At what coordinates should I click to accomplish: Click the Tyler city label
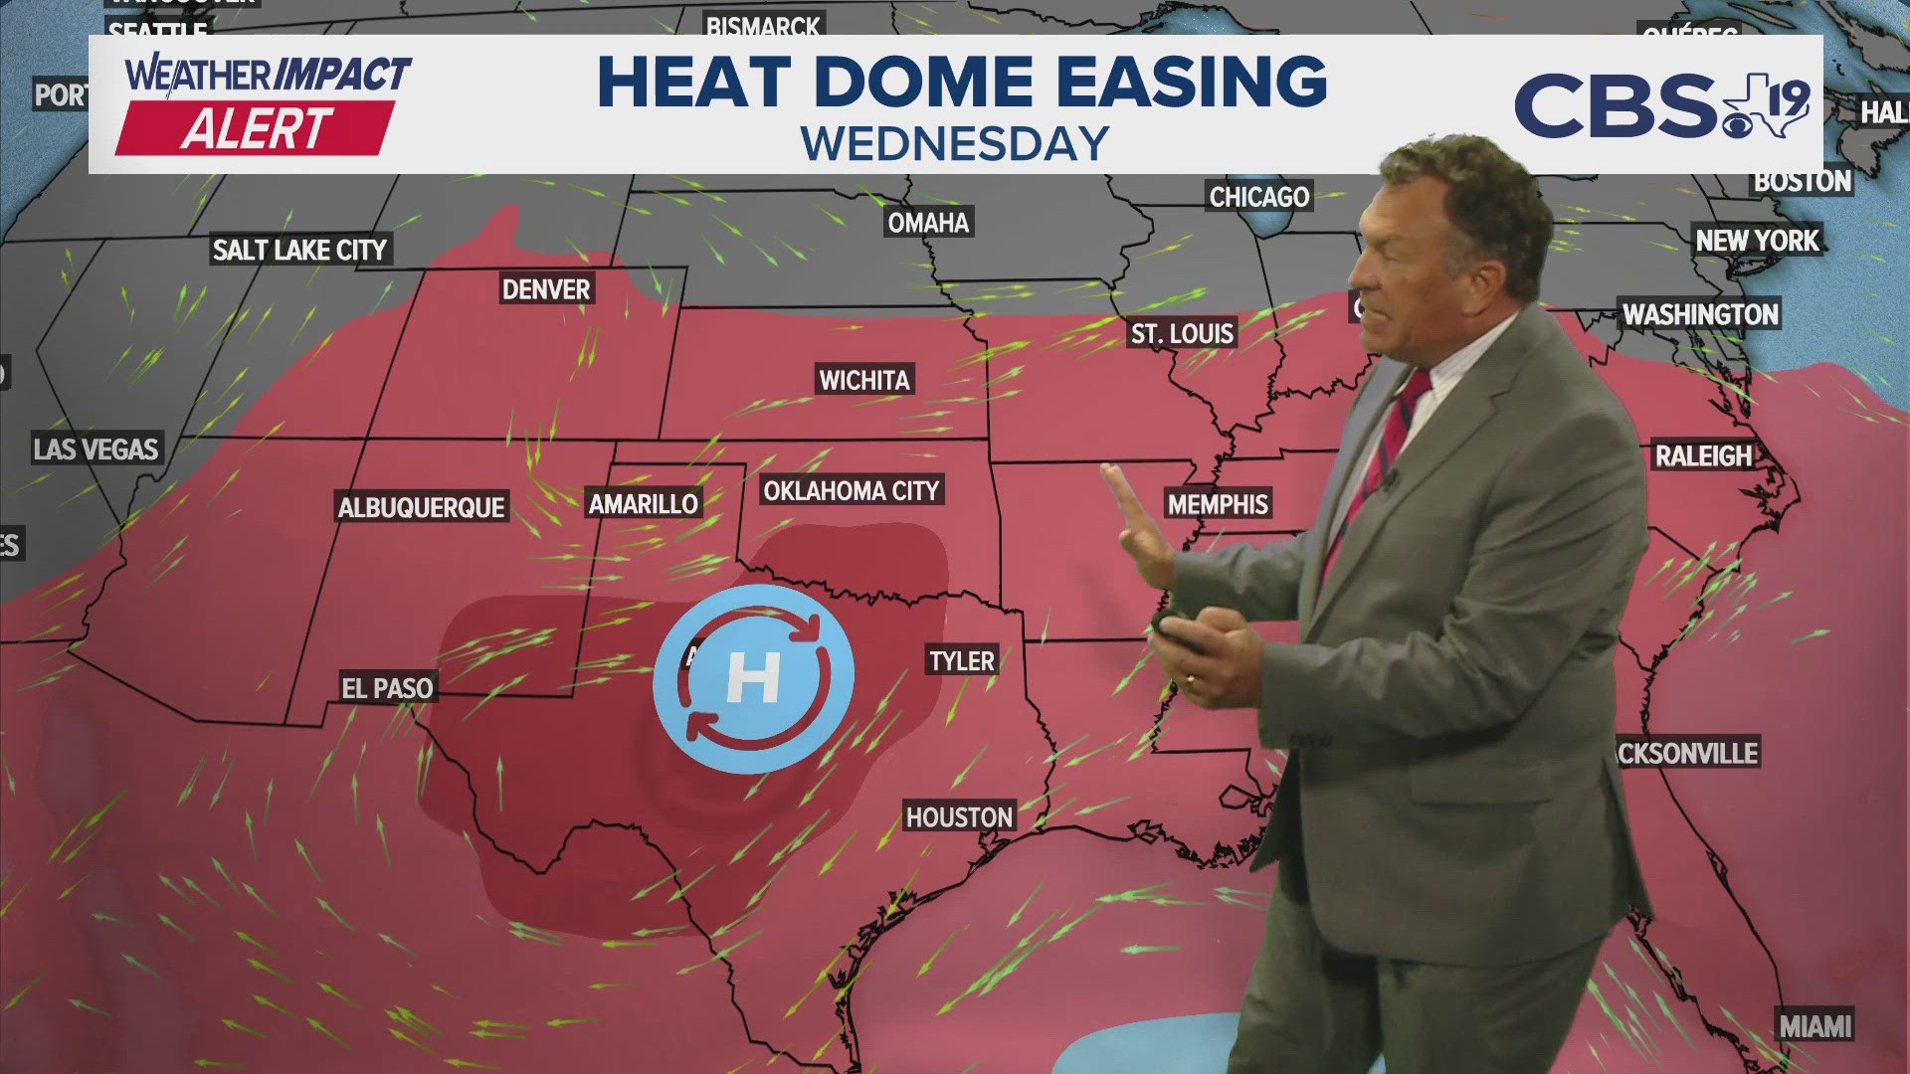coord(961,661)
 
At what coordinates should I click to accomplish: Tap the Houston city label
coord(959,817)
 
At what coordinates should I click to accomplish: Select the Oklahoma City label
coord(851,490)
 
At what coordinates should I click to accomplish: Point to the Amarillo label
coord(644,504)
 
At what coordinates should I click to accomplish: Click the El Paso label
coord(387,688)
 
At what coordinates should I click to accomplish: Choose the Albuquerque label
coord(422,508)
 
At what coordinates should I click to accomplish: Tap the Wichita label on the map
coord(863,380)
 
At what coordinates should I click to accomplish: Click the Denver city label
coord(546,289)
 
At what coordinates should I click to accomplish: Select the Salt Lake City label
coord(299,250)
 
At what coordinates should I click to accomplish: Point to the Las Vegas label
coord(95,449)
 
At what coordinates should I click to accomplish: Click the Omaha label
coord(928,223)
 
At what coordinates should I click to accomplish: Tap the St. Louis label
coord(1182,333)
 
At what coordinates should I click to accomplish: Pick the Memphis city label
coord(1218,505)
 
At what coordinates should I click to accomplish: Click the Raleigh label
coord(1703,456)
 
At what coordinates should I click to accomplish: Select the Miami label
coord(1815,1026)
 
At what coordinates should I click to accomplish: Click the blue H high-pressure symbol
coord(753,678)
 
